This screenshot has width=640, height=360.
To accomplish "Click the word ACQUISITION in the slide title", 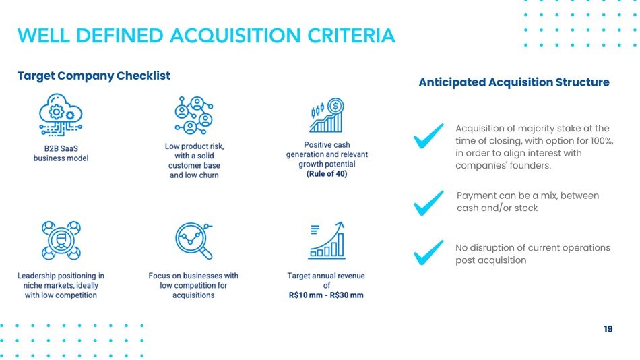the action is [x=236, y=36].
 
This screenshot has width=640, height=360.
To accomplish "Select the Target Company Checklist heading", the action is [x=94, y=76].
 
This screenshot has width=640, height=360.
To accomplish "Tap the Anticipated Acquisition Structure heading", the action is [x=514, y=82].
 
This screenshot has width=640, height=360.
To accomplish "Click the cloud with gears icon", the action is [x=61, y=115].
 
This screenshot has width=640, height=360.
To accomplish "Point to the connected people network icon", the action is [x=194, y=116].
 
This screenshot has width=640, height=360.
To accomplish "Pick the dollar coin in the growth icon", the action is [x=335, y=107].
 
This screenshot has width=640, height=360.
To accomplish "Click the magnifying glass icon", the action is [x=194, y=241].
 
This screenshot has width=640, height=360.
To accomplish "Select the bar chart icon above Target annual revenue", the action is [x=327, y=241].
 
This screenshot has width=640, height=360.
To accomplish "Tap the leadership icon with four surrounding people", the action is [x=61, y=241].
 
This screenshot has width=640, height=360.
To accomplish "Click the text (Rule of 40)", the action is [x=327, y=174].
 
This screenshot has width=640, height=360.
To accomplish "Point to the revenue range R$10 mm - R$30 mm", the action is [x=326, y=295].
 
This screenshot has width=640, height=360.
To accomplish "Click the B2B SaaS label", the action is [x=61, y=149].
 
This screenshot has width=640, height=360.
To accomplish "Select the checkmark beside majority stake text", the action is [x=428, y=136].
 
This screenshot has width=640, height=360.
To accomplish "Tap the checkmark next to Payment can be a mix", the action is [x=428, y=203].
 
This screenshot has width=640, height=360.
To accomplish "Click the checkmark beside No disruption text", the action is [x=428, y=253].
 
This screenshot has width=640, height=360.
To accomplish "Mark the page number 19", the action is [x=608, y=329].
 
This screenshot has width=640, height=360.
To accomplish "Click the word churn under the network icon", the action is [x=208, y=175].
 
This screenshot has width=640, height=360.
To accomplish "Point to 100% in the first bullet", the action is [x=602, y=141].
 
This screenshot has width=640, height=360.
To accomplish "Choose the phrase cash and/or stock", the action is [x=497, y=208].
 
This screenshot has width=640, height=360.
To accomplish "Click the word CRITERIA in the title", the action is [x=351, y=36].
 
